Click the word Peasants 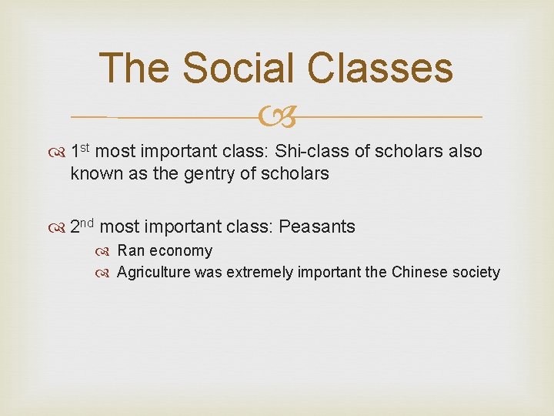(317, 226)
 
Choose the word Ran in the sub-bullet (131, 250)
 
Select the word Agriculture (153, 272)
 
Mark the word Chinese (419, 272)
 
